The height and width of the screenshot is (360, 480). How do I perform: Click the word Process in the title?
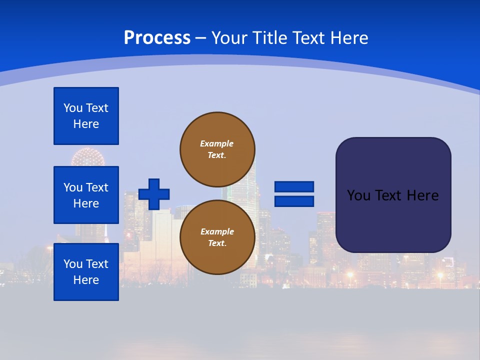[157, 38]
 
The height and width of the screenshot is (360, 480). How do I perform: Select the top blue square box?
[86, 116]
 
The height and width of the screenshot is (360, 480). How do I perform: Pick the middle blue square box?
[86, 195]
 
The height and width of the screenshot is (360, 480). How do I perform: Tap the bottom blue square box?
[86, 272]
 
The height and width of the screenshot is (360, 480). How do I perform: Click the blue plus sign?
[154, 194]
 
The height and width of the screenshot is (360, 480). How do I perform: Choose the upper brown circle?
[217, 149]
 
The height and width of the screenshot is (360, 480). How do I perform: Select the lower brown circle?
[217, 237]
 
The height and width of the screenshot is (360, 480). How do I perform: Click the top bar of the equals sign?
[294, 186]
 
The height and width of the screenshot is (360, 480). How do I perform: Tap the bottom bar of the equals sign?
[294, 201]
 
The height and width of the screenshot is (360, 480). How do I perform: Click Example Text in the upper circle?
[217, 149]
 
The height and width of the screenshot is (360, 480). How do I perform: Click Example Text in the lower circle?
[217, 237]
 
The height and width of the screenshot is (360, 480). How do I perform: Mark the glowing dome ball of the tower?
[87, 158]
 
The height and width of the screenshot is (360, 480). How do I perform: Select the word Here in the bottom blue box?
[86, 280]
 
